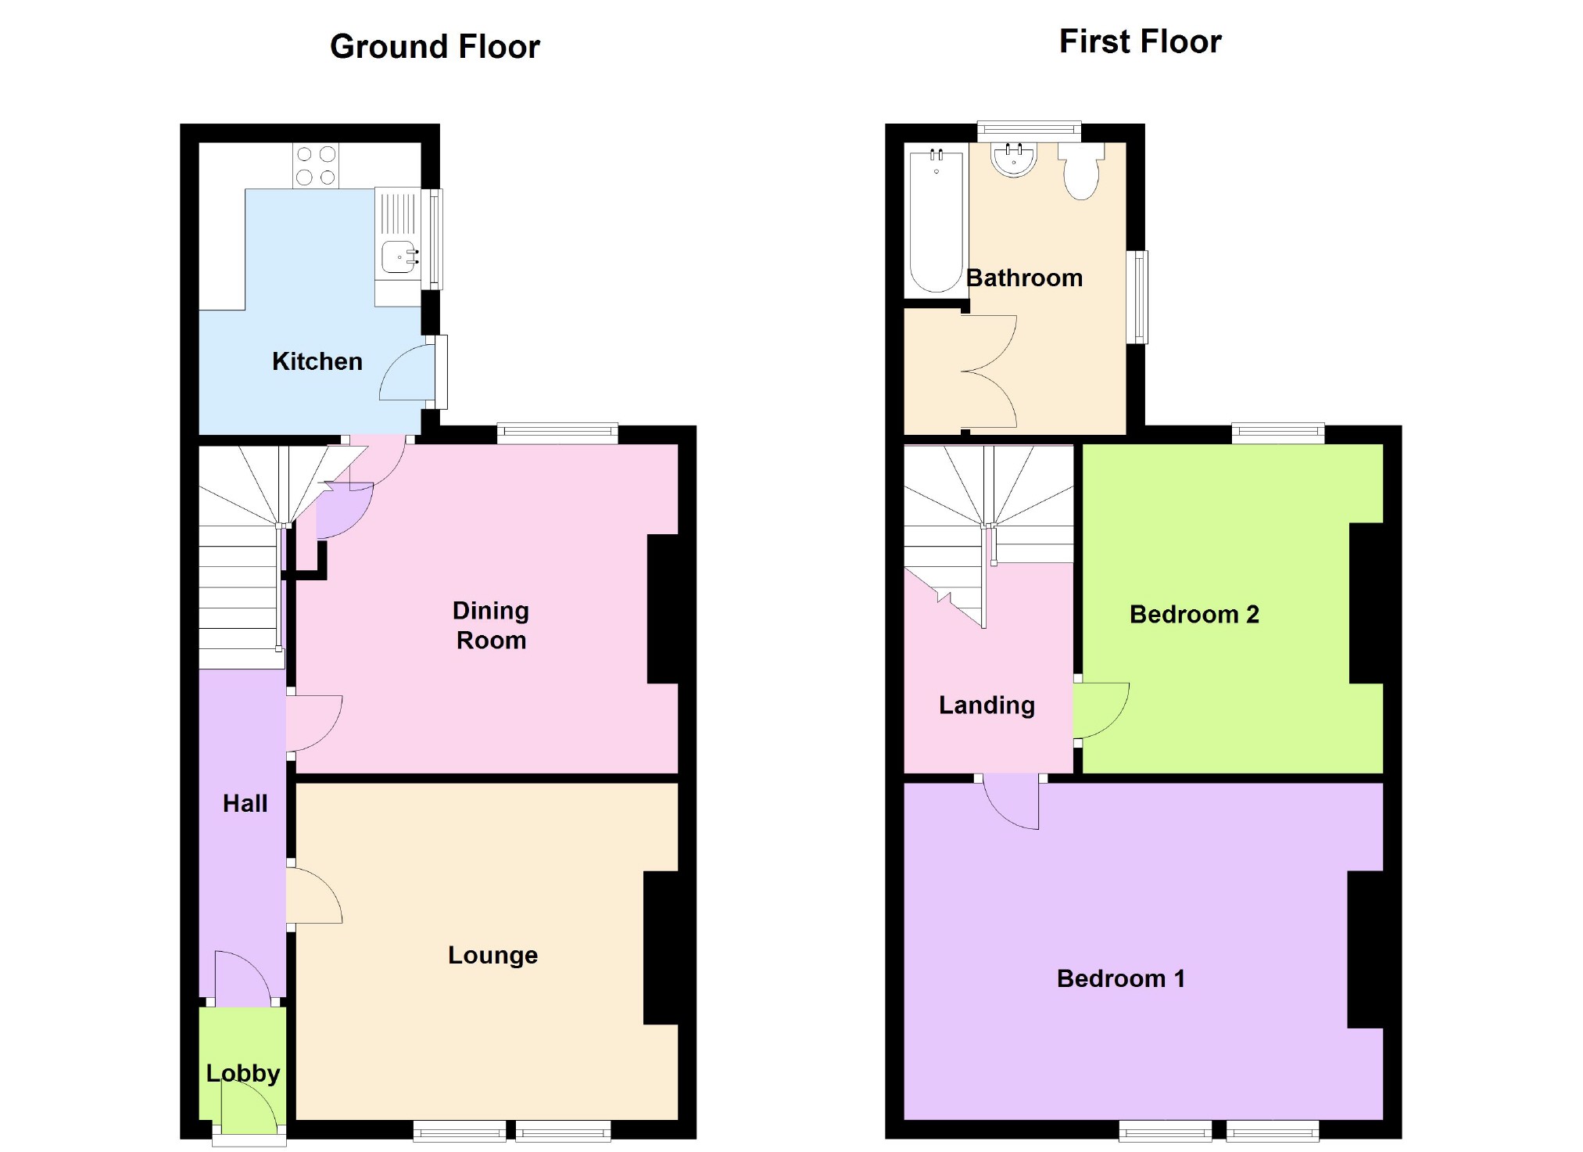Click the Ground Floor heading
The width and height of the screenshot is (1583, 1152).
[435, 47]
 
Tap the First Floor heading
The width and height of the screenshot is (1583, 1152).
[1140, 41]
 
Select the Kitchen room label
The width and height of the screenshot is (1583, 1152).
[317, 361]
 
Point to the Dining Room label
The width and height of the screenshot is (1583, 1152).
[491, 625]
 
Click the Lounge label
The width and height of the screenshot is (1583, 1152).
[492, 955]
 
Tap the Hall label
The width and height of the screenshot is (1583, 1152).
[245, 803]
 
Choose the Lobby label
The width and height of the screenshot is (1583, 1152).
[243, 1073]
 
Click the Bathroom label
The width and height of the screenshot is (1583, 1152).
[1024, 278]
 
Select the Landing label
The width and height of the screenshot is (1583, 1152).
[987, 705]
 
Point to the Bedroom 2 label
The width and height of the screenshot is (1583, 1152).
[1194, 615]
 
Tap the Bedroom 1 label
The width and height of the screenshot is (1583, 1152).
[1121, 978]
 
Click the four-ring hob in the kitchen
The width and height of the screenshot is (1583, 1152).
[316, 166]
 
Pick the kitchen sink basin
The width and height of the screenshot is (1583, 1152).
[399, 257]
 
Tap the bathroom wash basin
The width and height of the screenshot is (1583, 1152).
[1014, 160]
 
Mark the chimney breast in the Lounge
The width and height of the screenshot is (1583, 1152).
[661, 947]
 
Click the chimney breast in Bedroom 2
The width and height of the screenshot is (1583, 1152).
[1367, 603]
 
